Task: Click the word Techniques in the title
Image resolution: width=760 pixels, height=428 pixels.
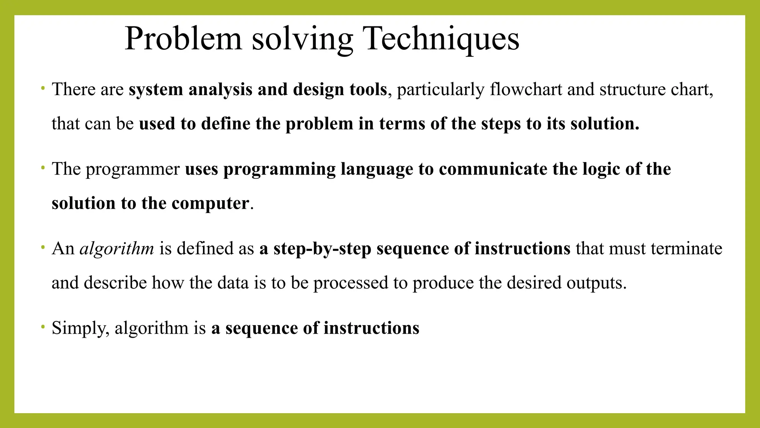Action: pos(441,39)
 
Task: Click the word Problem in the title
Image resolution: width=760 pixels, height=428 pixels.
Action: pos(183,39)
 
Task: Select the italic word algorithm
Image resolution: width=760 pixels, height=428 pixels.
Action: pos(117,249)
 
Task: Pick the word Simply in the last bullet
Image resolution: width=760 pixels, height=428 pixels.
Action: pos(81,328)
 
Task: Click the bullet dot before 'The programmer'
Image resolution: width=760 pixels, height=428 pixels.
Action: pos(43,168)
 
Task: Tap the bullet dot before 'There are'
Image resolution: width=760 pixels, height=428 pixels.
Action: pos(43,88)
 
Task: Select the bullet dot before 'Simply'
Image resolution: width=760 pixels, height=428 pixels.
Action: pos(43,327)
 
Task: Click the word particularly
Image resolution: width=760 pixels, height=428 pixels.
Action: pos(441,90)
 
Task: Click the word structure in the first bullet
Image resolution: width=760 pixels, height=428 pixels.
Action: pos(633,90)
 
